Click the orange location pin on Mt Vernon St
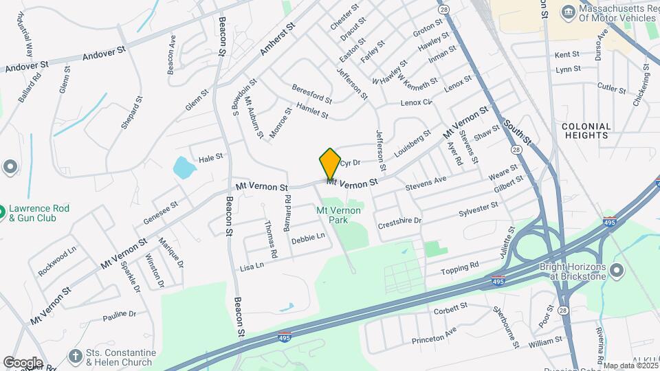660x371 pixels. (x=330, y=164)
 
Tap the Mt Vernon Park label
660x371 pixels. (x=338, y=214)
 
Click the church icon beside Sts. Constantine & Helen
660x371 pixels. (x=76, y=355)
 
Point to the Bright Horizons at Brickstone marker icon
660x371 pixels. (x=617, y=268)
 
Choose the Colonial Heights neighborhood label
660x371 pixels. (x=586, y=131)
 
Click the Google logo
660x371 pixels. (x=23, y=362)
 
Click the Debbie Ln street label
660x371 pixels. (x=307, y=238)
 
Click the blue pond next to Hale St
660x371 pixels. (x=183, y=166)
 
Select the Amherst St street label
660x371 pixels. (x=278, y=38)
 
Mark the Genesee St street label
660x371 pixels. (x=161, y=212)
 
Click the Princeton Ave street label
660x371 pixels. (x=434, y=335)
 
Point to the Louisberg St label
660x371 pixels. (x=412, y=142)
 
